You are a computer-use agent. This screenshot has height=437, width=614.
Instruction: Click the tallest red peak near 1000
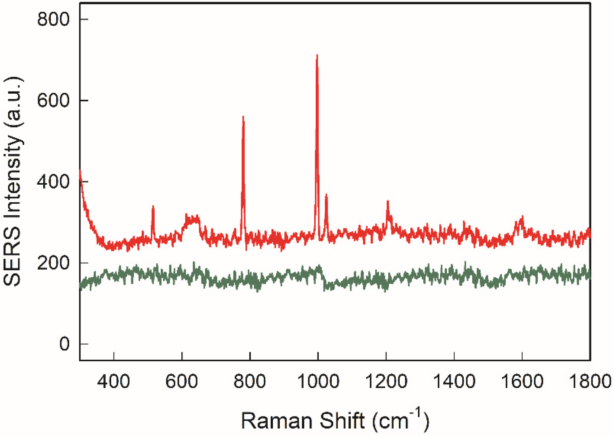click(x=317, y=55)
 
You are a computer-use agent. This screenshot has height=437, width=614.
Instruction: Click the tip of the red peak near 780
click(x=243, y=117)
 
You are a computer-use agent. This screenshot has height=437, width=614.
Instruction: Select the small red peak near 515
click(x=153, y=207)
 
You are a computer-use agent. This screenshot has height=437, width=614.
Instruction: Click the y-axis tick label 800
click(x=53, y=19)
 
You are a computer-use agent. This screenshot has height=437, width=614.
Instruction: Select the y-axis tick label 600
click(x=53, y=101)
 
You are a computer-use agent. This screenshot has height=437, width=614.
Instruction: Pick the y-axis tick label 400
click(x=53, y=182)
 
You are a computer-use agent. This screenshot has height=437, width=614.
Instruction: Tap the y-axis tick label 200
click(x=53, y=263)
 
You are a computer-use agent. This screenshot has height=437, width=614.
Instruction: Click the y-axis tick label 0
click(x=64, y=344)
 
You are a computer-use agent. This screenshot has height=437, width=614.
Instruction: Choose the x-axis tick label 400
click(x=114, y=382)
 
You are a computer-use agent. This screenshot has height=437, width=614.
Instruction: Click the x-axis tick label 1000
click(x=318, y=382)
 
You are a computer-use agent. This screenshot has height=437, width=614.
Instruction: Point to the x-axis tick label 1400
click(x=454, y=382)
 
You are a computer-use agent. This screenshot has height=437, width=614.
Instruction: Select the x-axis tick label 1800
click(x=590, y=382)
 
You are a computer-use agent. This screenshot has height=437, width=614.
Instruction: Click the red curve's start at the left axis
click(x=80, y=171)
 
